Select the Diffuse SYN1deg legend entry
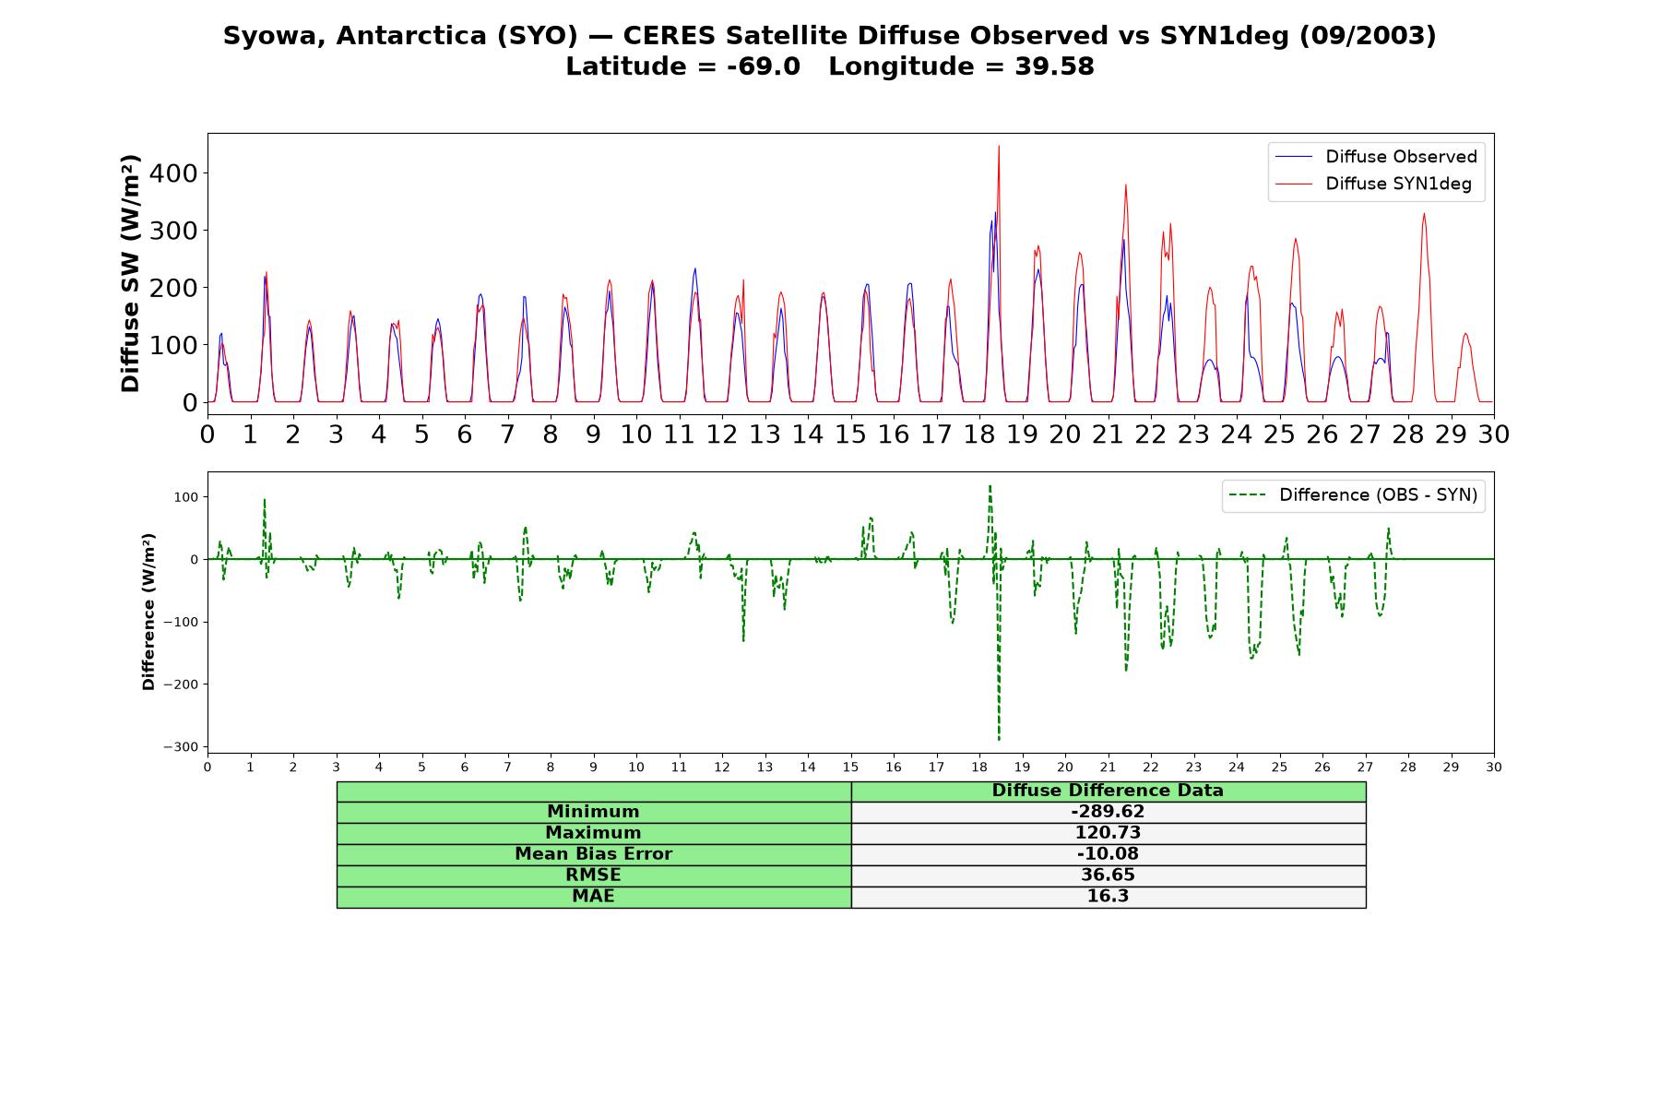(1373, 184)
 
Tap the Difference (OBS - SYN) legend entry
(1353, 495)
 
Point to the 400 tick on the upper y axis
(177, 173)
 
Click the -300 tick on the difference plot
(181, 746)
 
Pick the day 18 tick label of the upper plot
(979, 434)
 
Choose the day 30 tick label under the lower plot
(1494, 767)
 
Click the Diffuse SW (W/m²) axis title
(130, 274)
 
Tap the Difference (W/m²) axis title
(148, 612)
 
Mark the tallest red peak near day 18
(999, 146)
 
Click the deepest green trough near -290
(999, 739)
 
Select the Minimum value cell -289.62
(1108, 812)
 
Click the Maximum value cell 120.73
(1108, 833)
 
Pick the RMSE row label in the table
(593, 875)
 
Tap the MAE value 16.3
(1108, 897)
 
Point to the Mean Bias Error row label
(593, 854)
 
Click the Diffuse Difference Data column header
(1108, 791)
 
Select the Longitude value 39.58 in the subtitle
(1054, 66)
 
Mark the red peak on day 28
(1424, 214)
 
